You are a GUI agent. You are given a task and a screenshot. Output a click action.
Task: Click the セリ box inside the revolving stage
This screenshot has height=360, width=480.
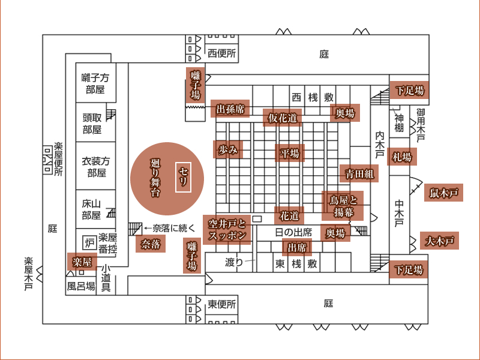point(183,177)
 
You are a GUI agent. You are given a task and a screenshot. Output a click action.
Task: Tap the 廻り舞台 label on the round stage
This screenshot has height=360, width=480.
point(155,178)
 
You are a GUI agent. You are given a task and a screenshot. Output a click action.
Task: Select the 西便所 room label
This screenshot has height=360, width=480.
point(221,53)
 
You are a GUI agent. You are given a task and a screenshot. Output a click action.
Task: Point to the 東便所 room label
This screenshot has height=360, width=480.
point(221,304)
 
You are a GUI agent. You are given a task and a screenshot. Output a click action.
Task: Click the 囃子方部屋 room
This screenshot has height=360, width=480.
point(95,83)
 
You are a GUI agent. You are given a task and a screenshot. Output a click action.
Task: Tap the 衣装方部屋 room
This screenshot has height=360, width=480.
point(95,166)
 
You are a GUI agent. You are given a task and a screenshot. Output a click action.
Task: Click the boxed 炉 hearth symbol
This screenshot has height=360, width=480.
point(89,243)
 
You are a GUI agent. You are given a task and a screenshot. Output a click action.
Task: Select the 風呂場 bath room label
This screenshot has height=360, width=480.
point(81,286)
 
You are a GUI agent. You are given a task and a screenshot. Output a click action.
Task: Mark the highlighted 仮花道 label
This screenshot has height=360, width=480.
point(282,118)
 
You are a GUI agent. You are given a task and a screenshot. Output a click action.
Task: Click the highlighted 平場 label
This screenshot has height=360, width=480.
point(290,153)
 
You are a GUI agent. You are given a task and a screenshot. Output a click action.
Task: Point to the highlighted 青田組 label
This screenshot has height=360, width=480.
point(359,173)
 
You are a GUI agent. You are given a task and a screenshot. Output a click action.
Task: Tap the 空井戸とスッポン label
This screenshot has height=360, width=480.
point(227,230)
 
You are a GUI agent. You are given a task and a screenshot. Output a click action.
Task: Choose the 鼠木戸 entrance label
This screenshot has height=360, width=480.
point(443,193)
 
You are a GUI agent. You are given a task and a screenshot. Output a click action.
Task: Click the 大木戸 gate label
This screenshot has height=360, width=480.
point(439,241)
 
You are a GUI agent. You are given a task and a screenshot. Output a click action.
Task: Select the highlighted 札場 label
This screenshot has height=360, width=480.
point(402,157)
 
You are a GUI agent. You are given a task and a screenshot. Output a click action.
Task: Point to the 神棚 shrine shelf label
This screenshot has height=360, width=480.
point(399,123)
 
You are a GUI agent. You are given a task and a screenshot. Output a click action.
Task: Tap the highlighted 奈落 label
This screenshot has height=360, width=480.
point(151,244)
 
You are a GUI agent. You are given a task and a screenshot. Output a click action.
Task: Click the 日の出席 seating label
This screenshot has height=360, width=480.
point(293,232)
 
